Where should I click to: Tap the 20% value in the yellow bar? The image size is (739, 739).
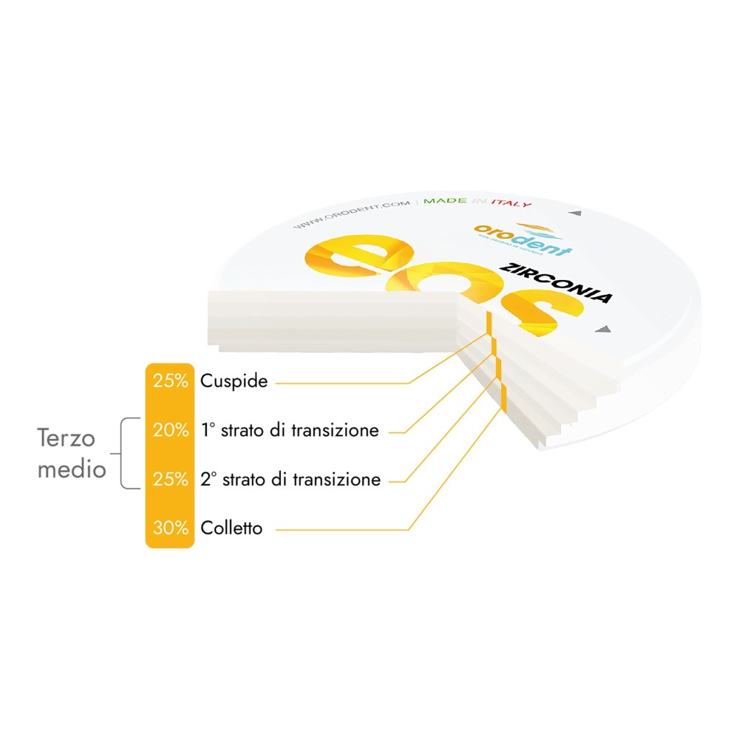170,430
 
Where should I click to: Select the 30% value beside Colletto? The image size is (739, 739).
170,528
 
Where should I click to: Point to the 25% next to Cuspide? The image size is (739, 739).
170,381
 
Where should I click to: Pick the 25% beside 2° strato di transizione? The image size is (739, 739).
170,480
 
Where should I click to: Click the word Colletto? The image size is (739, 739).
231,528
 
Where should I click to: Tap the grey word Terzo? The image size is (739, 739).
67,438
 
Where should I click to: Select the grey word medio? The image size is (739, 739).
72,469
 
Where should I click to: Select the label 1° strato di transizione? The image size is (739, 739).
290,430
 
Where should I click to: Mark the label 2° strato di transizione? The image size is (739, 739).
290,480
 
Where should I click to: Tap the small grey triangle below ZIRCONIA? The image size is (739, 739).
605,329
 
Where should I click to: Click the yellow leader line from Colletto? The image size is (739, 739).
340,529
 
